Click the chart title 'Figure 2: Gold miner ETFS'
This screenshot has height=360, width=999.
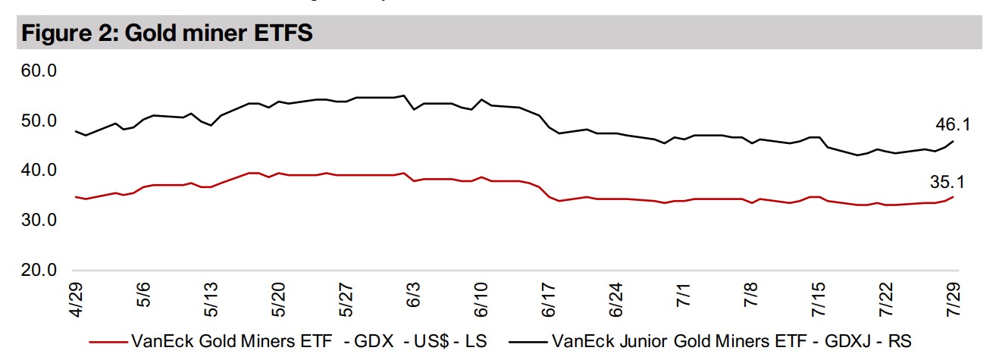pyautogui.click(x=166, y=34)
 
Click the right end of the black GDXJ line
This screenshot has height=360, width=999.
pyautogui.click(x=953, y=141)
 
